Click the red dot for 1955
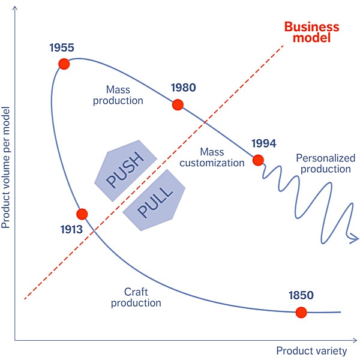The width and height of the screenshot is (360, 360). click(x=64, y=64)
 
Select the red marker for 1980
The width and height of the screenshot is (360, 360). click(x=178, y=104)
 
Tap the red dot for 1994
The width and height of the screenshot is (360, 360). click(x=258, y=160)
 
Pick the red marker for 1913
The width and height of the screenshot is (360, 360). click(x=82, y=214)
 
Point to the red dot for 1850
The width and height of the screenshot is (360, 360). click(x=301, y=312)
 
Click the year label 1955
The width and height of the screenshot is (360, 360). click(x=63, y=47)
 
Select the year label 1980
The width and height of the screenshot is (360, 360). click(x=183, y=88)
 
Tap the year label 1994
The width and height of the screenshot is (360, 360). click(x=263, y=143)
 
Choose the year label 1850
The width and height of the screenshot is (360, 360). click(x=301, y=295)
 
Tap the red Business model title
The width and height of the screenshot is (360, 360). click(x=311, y=32)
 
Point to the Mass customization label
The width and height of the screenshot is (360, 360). click(x=212, y=157)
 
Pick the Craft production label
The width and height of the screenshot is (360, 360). click(x=136, y=297)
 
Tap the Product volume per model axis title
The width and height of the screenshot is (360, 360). click(x=7, y=169)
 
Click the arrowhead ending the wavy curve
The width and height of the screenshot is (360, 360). click(x=355, y=239)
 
